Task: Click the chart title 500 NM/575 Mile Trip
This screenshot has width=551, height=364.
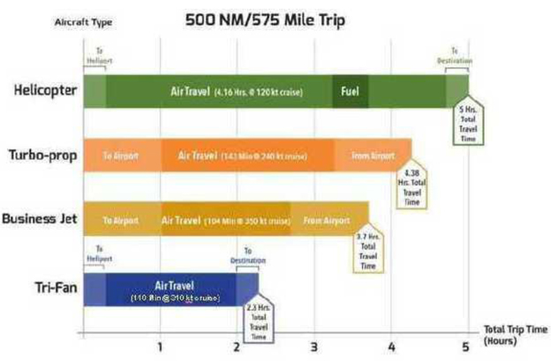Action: (x=263, y=19)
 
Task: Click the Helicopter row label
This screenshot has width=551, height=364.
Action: (x=43, y=90)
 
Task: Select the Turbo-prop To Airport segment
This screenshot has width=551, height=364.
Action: (x=121, y=155)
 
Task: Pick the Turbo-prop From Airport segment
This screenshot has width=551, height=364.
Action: (x=372, y=155)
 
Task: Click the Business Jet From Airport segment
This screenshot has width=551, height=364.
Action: (x=327, y=219)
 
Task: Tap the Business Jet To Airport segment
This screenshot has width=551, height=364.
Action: (x=121, y=219)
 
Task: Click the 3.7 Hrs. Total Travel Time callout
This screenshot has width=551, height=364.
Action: (x=369, y=252)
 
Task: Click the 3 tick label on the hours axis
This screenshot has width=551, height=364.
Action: (x=313, y=346)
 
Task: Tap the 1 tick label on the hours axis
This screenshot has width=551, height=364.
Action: (x=160, y=346)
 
